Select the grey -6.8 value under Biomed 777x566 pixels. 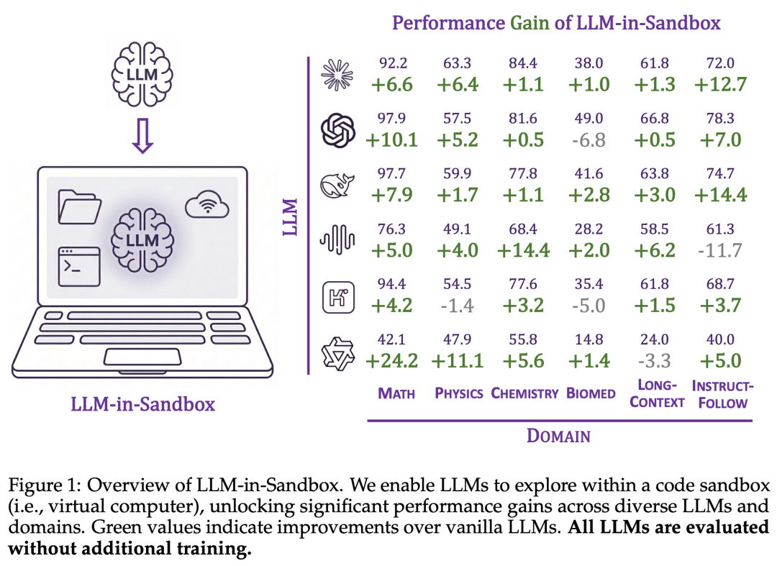589,140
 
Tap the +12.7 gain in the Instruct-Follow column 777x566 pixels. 720,85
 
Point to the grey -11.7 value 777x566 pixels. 720,250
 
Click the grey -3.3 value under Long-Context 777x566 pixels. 655,361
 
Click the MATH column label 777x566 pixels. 396,393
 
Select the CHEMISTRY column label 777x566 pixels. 524,393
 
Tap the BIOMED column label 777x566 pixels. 591,393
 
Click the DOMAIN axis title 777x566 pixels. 558,436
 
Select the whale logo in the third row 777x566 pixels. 338,186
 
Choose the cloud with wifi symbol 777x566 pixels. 206,206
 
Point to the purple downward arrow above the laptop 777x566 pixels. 143,137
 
